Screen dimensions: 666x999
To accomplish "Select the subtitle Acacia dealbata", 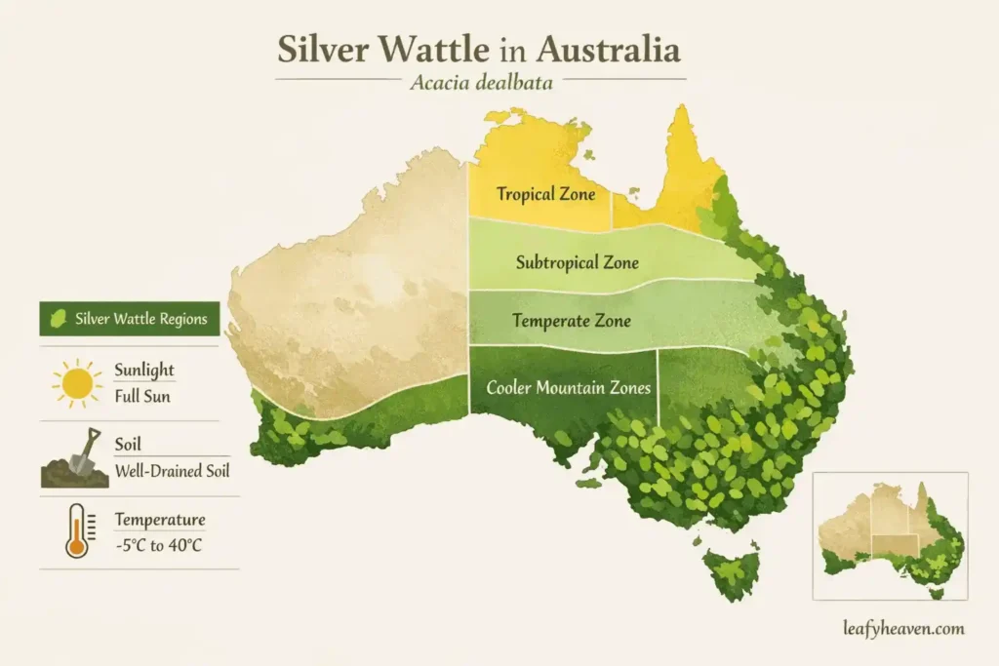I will tap(481, 83).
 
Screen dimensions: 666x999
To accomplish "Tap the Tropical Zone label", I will tap(545, 194).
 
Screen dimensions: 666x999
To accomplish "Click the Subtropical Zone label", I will tap(577, 262).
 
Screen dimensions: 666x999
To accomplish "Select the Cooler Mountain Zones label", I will tap(568, 387).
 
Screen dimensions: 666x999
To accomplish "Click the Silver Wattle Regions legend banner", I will tap(129, 319).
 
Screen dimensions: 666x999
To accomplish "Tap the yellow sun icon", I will tap(77, 383).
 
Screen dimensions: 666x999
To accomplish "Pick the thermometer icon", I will tap(76, 532).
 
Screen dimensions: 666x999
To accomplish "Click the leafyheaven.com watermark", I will tap(904, 629).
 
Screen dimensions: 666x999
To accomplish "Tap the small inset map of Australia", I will tap(890, 535).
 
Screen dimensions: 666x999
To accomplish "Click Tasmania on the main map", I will tap(733, 572).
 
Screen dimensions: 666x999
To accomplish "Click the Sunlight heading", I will tap(144, 371).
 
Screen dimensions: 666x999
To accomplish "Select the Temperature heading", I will tap(160, 519).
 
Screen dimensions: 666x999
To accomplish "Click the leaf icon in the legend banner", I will tap(58, 319).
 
